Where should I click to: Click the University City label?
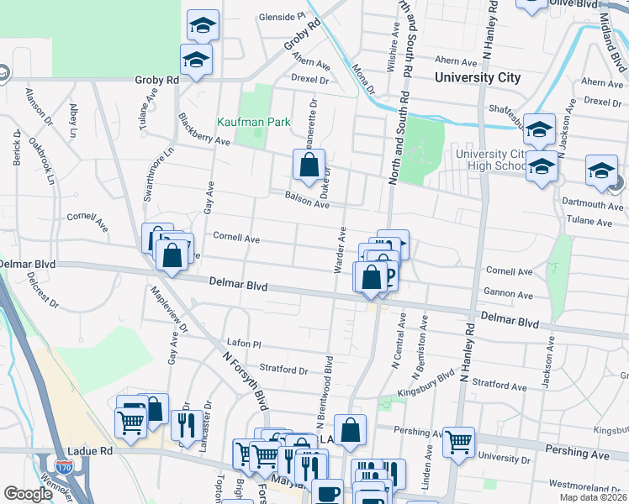[478, 78]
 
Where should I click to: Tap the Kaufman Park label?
[253, 123]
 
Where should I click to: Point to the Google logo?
[29, 494]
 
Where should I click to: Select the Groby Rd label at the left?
[157, 80]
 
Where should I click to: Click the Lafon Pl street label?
[245, 344]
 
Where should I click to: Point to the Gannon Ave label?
[509, 296]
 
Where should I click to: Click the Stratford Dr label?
[284, 370]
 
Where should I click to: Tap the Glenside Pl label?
[282, 16]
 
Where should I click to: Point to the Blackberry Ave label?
[204, 131]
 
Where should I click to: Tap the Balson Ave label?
[306, 200]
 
